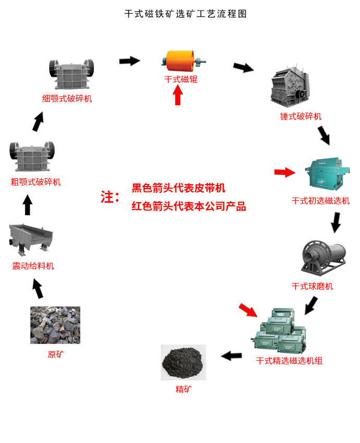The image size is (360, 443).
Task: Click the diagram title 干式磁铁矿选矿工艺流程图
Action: (x=186, y=14)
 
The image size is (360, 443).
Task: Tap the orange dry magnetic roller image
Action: (x=183, y=61)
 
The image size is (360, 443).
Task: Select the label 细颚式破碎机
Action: (x=67, y=99)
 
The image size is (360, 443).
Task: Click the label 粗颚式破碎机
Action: (x=35, y=182)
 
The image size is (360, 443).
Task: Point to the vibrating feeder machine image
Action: (x=31, y=239)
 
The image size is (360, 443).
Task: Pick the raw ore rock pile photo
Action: (x=55, y=325)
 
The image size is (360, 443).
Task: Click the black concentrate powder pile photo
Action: (x=184, y=363)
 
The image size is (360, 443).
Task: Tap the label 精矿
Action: (x=184, y=389)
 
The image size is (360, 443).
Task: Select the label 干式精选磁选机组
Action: (x=289, y=361)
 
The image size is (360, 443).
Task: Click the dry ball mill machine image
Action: (x=324, y=258)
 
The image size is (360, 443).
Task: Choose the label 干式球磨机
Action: (x=312, y=287)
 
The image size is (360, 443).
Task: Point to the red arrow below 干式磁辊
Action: (x=177, y=95)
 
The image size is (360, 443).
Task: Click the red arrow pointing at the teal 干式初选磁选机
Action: (x=285, y=172)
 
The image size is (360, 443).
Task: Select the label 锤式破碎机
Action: (x=301, y=116)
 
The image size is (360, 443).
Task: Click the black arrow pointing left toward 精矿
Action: (x=232, y=355)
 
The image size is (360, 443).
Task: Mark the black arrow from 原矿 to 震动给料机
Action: (x=38, y=288)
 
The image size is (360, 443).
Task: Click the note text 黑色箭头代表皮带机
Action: (x=178, y=188)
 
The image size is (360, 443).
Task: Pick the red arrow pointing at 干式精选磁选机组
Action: (x=248, y=310)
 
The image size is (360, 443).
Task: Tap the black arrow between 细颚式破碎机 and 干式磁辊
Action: (x=129, y=61)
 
